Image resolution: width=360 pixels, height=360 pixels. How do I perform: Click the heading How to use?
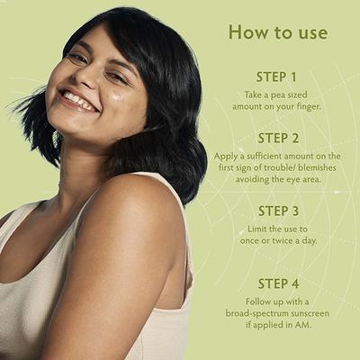coord(277,32)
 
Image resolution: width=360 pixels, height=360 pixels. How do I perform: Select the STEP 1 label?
coord(277,76)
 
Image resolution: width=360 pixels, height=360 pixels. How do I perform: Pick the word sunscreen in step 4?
coord(311,313)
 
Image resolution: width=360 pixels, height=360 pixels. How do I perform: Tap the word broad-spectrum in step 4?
coord(255,313)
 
